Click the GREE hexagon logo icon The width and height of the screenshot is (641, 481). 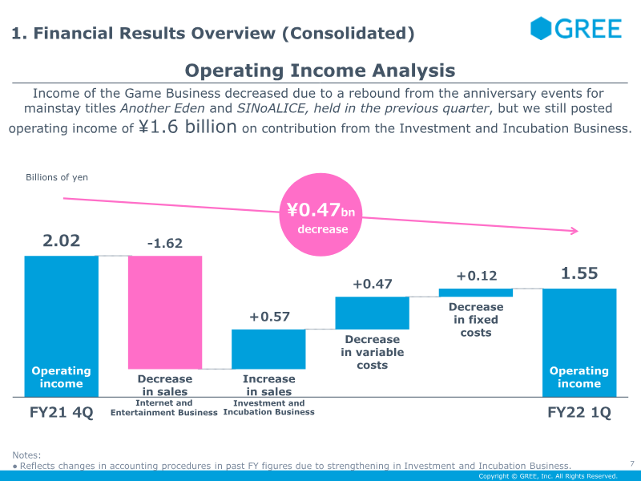coord(540,28)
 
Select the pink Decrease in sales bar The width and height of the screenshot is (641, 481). coord(165,313)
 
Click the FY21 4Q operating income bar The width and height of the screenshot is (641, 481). coord(62,326)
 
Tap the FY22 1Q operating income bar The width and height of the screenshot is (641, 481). coord(579,343)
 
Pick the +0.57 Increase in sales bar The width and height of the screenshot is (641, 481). coord(268,350)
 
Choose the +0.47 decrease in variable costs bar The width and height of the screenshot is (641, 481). coord(372,313)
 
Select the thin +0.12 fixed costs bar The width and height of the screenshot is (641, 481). coord(476,293)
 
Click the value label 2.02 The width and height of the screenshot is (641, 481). coord(62,240)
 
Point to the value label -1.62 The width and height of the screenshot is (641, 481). coord(165,244)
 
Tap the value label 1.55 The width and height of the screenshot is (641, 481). coord(579,273)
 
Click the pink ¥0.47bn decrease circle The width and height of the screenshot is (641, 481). coord(321,215)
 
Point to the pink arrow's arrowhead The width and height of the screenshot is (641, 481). coord(575,231)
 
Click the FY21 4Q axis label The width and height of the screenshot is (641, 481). coord(62,412)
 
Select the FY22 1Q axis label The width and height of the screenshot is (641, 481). coord(579,412)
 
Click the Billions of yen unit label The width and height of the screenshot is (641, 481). coord(57,177)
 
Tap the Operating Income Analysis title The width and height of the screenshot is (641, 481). coord(320,71)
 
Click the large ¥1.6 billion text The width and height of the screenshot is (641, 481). coord(187,127)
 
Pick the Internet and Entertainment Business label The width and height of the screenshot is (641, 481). coord(164,408)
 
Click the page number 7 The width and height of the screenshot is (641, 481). coord(632,463)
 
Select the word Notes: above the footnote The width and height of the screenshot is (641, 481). coord(26,455)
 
